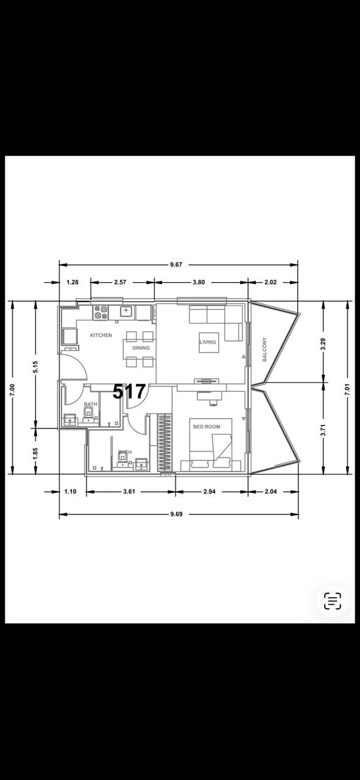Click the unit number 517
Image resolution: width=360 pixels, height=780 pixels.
pos(129,392)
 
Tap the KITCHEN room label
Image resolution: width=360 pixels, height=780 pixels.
pos(101,335)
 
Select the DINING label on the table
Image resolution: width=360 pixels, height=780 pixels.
pos(141,348)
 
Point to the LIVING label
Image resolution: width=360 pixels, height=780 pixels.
pos(208,342)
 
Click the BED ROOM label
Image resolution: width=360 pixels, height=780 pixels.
pos(207,427)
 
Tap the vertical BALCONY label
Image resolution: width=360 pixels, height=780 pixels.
pos(264,349)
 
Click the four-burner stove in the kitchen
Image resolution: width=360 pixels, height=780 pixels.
pos(101,313)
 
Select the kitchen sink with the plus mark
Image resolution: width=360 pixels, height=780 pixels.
pos(126,311)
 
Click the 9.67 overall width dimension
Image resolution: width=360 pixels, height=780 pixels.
pos(176,264)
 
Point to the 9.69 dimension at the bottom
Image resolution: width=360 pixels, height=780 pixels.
pos(177,514)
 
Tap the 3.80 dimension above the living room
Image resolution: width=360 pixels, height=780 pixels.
pos(199,282)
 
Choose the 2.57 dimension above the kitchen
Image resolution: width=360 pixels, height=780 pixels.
pos(120,282)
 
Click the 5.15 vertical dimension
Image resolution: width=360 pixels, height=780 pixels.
pos(35,367)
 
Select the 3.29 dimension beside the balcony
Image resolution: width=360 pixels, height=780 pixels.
pos(324,344)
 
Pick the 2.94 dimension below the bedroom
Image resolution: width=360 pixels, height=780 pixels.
pos(210,492)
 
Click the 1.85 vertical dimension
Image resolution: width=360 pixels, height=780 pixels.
pos(35,453)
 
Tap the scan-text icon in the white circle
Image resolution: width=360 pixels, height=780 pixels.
pos(333,601)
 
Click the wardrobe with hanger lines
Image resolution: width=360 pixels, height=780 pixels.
pos(165,443)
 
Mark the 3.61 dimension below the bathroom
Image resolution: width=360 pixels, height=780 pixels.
pos(129,492)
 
